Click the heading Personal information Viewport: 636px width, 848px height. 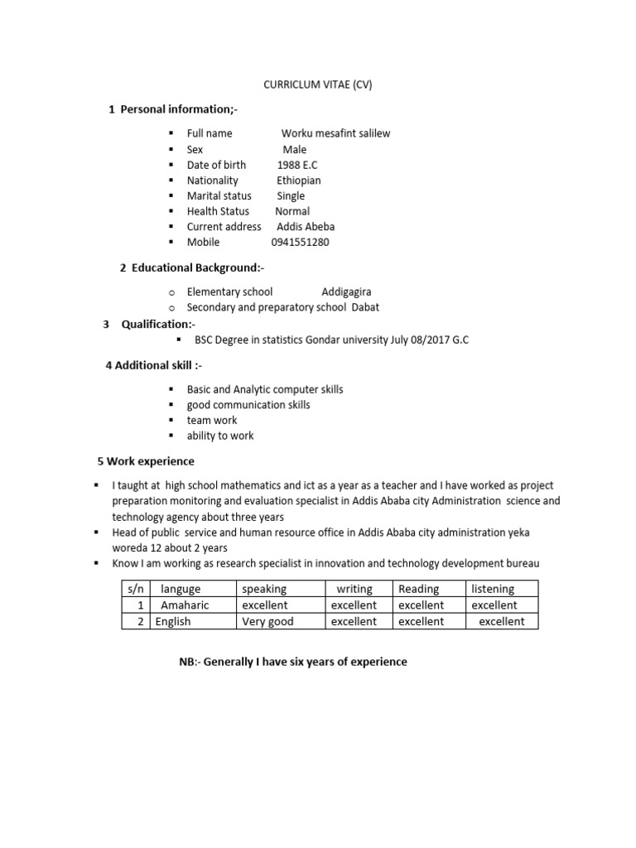pyautogui.click(x=178, y=109)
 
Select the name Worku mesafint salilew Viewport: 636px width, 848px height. pyautogui.click(x=335, y=133)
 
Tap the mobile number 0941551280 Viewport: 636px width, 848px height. pyautogui.click(x=300, y=242)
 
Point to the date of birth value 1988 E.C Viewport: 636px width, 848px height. pyautogui.click(x=297, y=165)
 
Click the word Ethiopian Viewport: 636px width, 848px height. pyautogui.click(x=299, y=180)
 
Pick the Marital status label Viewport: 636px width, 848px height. pyautogui.click(x=219, y=195)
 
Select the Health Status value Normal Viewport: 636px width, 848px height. pyautogui.click(x=292, y=211)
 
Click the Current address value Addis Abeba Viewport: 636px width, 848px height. pyautogui.click(x=306, y=226)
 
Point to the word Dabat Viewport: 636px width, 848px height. pyautogui.click(x=366, y=307)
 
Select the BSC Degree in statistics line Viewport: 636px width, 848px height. pyautogui.click(x=331, y=340)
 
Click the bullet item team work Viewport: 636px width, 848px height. pyautogui.click(x=212, y=420)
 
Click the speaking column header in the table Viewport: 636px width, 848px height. pyautogui.click(x=264, y=589)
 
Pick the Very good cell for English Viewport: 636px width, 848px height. pyautogui.click(x=267, y=621)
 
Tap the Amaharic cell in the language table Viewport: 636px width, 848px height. pyautogui.click(x=185, y=605)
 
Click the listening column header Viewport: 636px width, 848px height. pyautogui.click(x=493, y=589)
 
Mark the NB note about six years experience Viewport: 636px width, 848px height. pyautogui.click(x=293, y=662)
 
